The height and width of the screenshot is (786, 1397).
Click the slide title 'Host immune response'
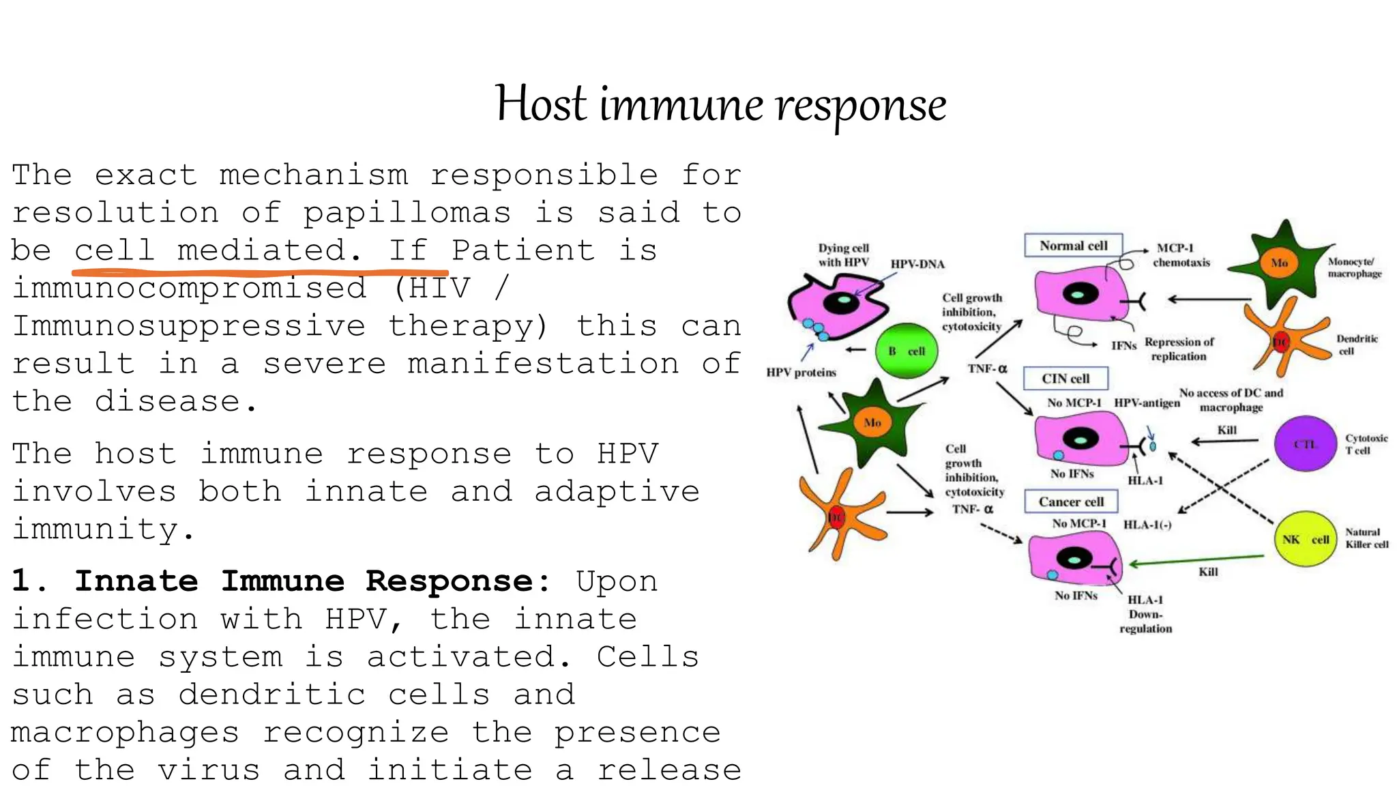(720, 104)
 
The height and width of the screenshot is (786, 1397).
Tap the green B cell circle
(906, 351)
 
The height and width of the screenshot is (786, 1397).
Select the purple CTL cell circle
(1305, 444)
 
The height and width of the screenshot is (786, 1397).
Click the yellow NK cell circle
(1305, 539)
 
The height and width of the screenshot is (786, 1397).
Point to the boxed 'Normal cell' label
(1073, 246)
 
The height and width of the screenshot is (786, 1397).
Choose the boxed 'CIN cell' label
(1065, 379)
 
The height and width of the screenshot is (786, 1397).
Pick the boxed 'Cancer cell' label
(1071, 501)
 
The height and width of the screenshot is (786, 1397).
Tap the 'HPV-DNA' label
(917, 264)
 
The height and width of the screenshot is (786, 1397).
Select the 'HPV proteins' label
(801, 373)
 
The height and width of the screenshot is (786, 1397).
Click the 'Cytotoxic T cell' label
(1366, 444)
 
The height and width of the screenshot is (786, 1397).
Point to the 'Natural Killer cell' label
(1366, 538)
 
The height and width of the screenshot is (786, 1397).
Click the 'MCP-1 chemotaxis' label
(1180, 255)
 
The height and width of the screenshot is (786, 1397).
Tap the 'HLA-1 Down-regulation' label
(1145, 614)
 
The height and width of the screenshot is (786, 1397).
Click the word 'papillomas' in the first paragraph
(407, 213)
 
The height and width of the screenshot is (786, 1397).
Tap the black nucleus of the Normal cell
(1080, 295)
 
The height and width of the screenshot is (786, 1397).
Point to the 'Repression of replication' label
(1179, 349)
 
